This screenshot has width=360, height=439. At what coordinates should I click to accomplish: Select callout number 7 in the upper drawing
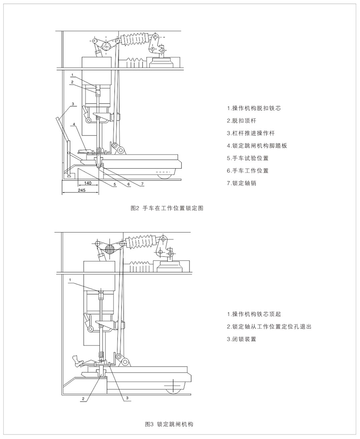click(x=142, y=184)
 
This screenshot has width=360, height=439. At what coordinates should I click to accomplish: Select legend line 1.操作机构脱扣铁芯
click(x=256, y=108)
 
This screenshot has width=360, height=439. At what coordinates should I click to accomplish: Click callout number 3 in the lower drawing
click(x=127, y=398)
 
